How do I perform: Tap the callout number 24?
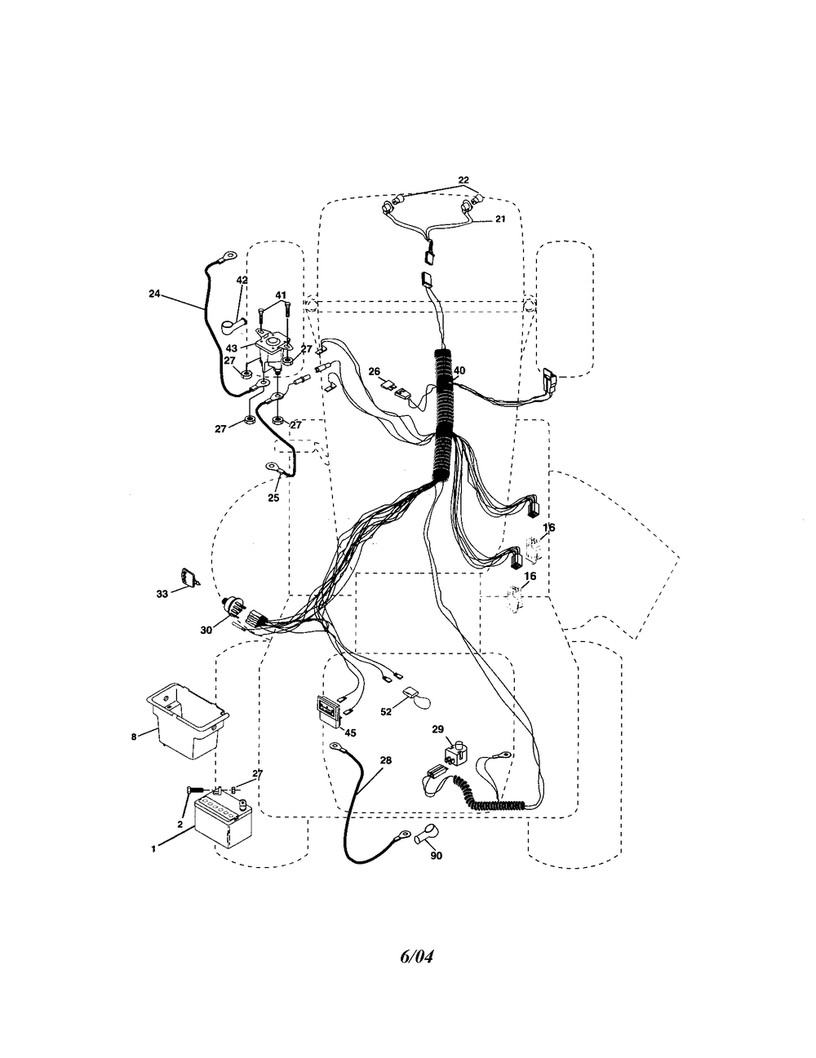(154, 294)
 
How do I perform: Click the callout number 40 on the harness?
(459, 370)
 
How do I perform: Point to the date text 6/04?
(416, 956)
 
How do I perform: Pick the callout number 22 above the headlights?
(463, 179)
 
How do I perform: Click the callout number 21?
(500, 219)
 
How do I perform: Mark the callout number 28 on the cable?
(386, 760)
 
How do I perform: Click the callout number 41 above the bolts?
(281, 295)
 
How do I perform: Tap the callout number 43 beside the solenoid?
(232, 348)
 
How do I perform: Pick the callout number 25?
(273, 498)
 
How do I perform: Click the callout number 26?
(374, 371)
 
